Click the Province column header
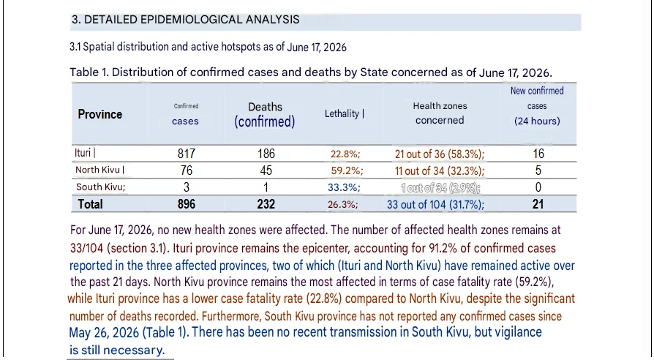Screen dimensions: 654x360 pyautogui.click(x=99, y=114)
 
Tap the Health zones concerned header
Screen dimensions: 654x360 pyautogui.click(x=440, y=113)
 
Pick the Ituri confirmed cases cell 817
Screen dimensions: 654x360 pyautogui.click(x=187, y=154)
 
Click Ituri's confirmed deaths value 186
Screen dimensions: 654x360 pyautogui.click(x=266, y=154)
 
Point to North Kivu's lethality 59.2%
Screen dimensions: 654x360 pyautogui.click(x=347, y=170)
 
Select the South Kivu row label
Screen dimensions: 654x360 pyautogui.click(x=100, y=187)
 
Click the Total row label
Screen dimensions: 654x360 pyautogui.click(x=90, y=204)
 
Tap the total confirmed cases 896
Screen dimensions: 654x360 pyautogui.click(x=187, y=204)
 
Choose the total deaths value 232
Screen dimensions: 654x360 pyautogui.click(x=266, y=204)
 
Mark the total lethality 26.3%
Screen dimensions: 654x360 pyautogui.click(x=343, y=204)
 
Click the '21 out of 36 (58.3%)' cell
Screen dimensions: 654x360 pyautogui.click(x=440, y=154)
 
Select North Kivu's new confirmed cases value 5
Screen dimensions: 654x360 pyautogui.click(x=538, y=170)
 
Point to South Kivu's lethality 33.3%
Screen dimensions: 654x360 pyautogui.click(x=344, y=187)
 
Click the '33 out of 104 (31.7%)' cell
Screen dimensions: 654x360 pyautogui.click(x=435, y=204)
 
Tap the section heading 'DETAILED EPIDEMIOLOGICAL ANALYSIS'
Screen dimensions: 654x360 pyautogui.click(x=192, y=20)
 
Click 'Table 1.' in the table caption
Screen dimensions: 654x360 pyautogui.click(x=89, y=72)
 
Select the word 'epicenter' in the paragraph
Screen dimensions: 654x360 pyautogui.click(x=326, y=249)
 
